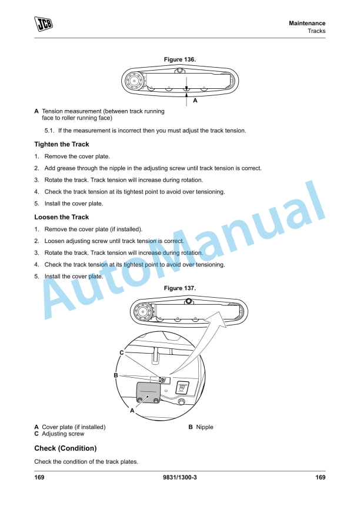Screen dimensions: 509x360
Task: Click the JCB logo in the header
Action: pyautogui.click(x=42, y=24)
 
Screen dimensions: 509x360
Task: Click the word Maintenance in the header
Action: pyautogui.click(x=307, y=23)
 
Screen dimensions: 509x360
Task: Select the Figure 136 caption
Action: pyautogui.click(x=179, y=59)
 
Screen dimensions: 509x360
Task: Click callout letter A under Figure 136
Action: pyautogui.click(x=195, y=101)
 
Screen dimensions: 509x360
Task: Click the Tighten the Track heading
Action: pyautogui.click(x=62, y=144)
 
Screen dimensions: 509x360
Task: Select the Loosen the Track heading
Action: pyautogui.click(x=61, y=217)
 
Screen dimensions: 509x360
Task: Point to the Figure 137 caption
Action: pyautogui.click(x=179, y=288)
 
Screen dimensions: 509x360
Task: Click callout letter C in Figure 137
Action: pyautogui.click(x=121, y=352)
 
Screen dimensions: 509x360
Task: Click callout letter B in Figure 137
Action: pyautogui.click(x=116, y=375)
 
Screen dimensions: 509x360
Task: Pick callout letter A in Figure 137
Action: pyautogui.click(x=133, y=411)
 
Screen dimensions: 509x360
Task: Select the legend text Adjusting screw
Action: pyautogui.click(x=62, y=434)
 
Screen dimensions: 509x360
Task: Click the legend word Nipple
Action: pyautogui.click(x=205, y=427)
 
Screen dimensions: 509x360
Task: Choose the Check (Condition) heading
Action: pyautogui.click(x=65, y=448)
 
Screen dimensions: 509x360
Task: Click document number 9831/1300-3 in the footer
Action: pyautogui.click(x=179, y=477)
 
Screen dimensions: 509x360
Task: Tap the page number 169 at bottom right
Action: pyautogui.click(x=320, y=477)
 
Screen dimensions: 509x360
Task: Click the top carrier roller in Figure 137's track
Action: pyautogui.click(x=188, y=301)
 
